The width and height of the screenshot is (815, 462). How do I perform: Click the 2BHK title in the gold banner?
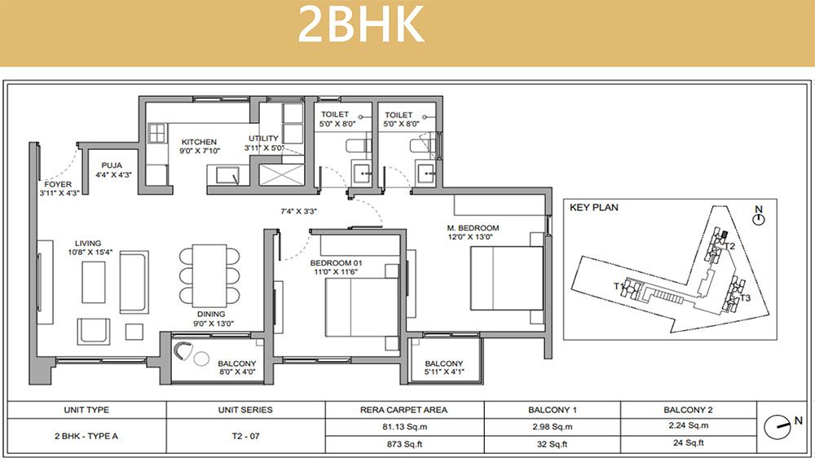361,24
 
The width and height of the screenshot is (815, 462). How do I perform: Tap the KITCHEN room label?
199,142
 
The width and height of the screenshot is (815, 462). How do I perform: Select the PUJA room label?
112,165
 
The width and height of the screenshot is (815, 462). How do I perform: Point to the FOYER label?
58,184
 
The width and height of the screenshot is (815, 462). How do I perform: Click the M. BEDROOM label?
473,228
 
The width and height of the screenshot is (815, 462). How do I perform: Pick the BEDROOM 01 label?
336,263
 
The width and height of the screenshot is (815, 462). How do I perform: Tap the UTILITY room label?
263,139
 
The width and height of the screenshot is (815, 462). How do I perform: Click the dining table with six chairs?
209,275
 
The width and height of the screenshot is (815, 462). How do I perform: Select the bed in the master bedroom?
507,278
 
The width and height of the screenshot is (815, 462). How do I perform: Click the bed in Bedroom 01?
362,308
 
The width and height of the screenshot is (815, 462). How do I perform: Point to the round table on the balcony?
201,358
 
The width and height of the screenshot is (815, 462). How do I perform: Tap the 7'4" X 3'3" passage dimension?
299,212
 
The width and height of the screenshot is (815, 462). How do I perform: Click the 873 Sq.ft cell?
404,444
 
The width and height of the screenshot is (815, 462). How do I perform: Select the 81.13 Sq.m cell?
404,427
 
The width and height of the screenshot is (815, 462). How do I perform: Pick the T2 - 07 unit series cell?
245,436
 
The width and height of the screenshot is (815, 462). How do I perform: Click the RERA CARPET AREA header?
404,410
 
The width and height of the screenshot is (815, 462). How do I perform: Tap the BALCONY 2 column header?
688,410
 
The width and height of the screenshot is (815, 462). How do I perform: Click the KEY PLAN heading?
594,207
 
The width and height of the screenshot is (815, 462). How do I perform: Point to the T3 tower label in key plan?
746,298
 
